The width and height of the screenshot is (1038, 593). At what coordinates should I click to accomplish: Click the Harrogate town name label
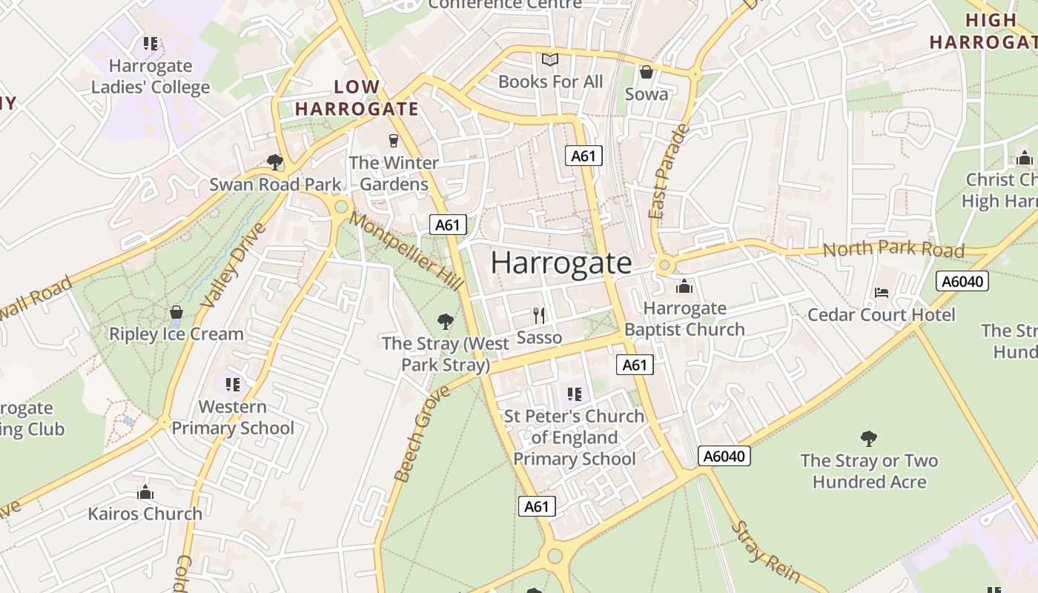561,264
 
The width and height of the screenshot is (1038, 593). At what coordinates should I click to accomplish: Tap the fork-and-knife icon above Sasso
539,316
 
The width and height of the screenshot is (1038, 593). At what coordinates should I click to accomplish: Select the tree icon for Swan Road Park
275,162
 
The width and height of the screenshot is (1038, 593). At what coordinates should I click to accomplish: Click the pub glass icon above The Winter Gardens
394,140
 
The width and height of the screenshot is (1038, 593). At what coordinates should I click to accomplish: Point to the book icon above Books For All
549,59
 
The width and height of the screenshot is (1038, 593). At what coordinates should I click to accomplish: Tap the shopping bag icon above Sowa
647,72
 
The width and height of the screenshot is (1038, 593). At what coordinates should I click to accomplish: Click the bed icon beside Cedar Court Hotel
881,292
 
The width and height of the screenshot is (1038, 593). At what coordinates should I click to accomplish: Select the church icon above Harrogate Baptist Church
684,285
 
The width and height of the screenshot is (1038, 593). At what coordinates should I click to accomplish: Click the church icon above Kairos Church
145,492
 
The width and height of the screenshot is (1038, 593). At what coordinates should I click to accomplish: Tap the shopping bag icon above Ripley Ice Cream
176,312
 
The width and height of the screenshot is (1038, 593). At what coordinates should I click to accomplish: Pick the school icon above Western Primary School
232,384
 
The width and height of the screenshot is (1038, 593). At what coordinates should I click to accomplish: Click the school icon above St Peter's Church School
574,394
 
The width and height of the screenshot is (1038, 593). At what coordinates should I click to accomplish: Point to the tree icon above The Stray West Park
446,321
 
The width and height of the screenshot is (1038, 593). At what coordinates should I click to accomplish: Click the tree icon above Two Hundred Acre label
869,439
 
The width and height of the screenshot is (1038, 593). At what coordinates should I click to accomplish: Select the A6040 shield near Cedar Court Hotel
962,281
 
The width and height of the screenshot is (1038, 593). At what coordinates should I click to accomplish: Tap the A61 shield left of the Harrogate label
448,225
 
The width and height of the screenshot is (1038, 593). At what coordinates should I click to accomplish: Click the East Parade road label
669,172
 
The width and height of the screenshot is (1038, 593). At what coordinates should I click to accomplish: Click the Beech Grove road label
413,434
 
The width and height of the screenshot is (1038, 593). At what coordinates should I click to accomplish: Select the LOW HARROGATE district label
357,98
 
